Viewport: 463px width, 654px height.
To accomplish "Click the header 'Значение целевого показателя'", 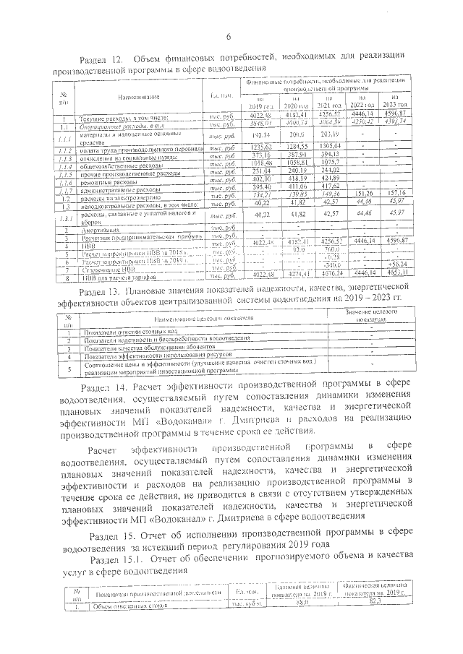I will (370, 315).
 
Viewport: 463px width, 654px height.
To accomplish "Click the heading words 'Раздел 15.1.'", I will (119, 560).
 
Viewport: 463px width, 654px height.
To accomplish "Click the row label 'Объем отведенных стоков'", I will (116, 607).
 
